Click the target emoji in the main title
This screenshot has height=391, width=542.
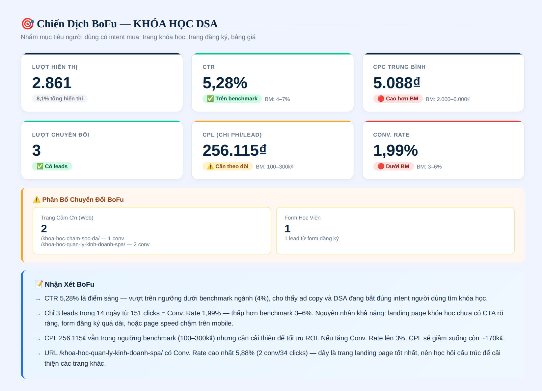28,24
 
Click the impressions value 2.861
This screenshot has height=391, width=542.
52,83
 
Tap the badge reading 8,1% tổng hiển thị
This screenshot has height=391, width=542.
60,99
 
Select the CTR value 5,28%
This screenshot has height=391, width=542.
225,83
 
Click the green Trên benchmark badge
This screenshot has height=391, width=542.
232,99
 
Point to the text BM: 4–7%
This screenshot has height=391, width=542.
277,99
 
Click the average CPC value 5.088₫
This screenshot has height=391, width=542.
397,83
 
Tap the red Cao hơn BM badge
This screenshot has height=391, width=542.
398,99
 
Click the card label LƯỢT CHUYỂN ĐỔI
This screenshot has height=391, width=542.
61,135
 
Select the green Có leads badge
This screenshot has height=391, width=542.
52,166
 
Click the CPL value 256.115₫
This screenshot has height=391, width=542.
234,150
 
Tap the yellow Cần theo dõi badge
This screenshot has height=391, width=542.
228,166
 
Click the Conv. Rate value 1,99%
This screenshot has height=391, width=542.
395,150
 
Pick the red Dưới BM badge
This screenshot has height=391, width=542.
393,166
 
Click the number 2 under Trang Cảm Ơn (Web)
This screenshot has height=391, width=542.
44,229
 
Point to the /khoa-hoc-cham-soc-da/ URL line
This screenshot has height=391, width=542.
82,238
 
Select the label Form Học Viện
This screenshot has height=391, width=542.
303,218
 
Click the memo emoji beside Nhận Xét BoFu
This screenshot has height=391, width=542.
39,284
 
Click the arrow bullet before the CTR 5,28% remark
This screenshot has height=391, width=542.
38,300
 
